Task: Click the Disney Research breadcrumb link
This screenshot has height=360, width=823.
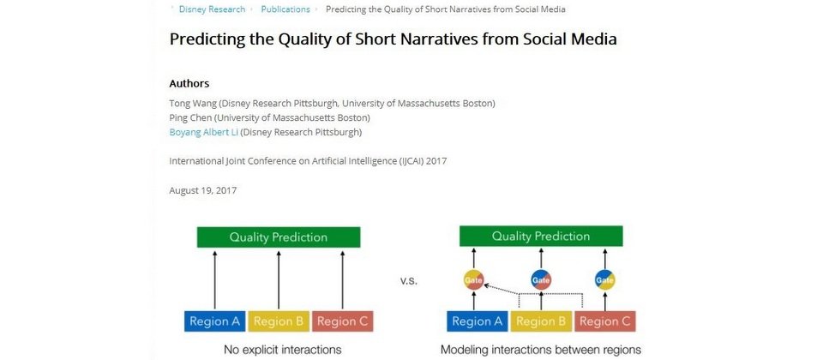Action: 212,9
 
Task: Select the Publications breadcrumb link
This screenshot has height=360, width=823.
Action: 285,9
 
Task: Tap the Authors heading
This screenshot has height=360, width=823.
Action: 189,83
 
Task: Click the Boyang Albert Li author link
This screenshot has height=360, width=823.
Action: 204,132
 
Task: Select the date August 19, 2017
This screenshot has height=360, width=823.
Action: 202,190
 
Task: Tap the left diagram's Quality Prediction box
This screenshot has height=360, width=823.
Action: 278,237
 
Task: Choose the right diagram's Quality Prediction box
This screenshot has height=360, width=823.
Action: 541,237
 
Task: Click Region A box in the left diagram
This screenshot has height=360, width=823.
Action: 215,321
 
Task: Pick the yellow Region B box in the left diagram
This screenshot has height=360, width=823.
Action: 279,321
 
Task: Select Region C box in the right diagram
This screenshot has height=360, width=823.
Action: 605,321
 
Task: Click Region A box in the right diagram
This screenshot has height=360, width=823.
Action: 478,321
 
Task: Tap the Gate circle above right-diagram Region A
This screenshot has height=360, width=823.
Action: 473,279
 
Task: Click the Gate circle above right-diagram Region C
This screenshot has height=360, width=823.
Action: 604,279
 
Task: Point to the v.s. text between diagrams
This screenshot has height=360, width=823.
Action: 408,281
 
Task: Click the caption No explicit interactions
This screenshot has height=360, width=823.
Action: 282,350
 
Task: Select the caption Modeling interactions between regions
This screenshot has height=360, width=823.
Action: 541,350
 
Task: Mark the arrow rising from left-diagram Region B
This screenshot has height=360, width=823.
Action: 279,280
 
